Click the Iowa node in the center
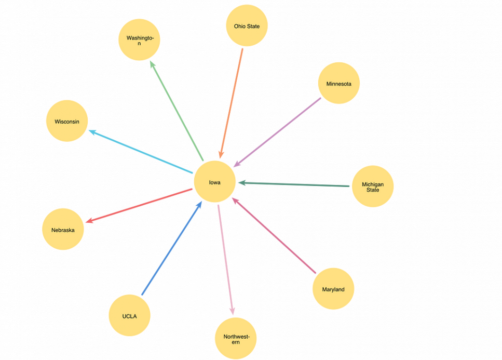(214, 182)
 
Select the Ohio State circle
(247, 25)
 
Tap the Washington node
(139, 39)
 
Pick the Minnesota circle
(338, 83)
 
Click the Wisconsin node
(67, 121)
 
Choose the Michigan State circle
(373, 186)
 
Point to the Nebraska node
(63, 229)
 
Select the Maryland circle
(333, 289)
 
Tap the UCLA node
(129, 315)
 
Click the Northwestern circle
(236, 338)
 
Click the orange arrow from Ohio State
(231, 103)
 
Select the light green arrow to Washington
(177, 111)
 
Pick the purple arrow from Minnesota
(277, 132)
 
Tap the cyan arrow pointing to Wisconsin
(141, 151)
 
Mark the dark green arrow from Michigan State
(294, 184)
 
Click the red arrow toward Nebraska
(139, 206)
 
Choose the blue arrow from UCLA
(172, 248)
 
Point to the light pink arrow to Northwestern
(226, 260)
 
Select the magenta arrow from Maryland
(274, 235)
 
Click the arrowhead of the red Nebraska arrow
(89, 220)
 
